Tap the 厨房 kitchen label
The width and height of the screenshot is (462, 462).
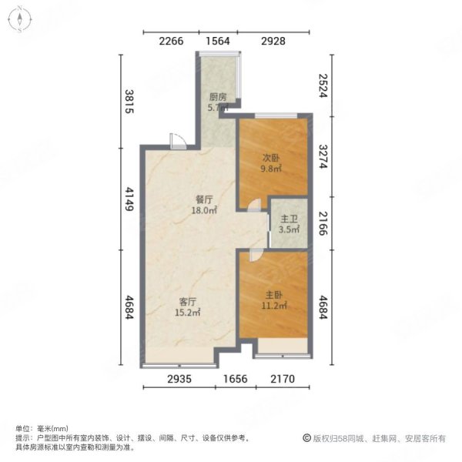(x=218, y=98)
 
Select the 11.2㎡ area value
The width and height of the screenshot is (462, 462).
(x=276, y=306)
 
